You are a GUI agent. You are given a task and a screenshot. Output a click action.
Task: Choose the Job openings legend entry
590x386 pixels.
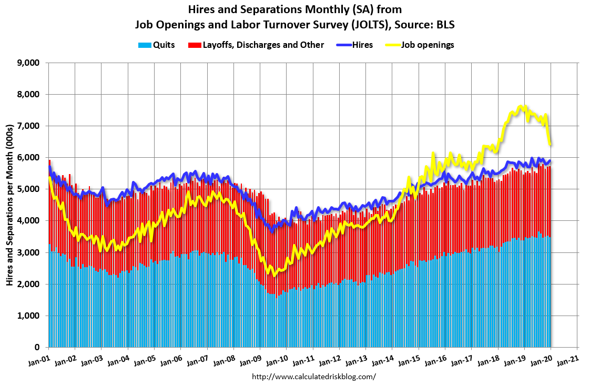click(x=428, y=45)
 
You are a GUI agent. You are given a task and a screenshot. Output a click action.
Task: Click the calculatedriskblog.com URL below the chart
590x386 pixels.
click(x=314, y=377)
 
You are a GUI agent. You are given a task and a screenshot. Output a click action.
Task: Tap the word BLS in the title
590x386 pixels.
click(x=444, y=25)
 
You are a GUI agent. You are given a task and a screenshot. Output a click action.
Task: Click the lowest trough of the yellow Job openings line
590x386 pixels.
click(x=273, y=275)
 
